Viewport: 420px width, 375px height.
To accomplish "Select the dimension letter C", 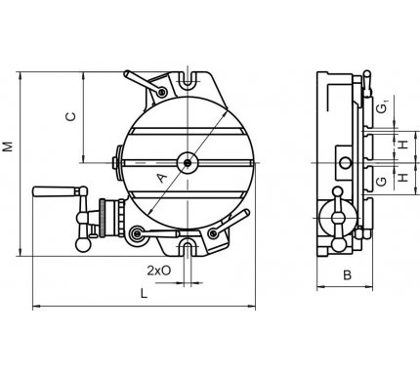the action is point(70,116).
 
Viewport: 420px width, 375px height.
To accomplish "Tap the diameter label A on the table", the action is point(162,178).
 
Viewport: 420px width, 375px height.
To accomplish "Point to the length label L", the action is point(144,293).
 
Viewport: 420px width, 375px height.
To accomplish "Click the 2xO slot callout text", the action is point(158,271).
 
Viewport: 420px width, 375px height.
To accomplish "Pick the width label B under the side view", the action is point(347,275).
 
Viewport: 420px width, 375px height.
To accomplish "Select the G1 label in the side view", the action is point(382,107).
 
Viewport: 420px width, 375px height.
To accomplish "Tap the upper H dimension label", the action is point(403,144).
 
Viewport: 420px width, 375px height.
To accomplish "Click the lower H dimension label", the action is point(403,177).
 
